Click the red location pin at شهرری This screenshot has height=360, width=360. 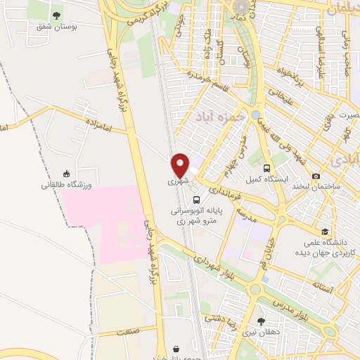(x=181, y=165)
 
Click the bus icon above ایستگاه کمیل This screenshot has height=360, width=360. (x=266, y=168)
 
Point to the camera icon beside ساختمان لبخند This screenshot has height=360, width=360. (x=316, y=176)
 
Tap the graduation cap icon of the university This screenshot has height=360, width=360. (x=324, y=231)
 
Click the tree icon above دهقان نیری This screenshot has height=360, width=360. (x=261, y=321)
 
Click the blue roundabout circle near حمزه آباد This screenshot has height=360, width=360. (x=255, y=114)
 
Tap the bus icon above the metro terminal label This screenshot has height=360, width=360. (x=197, y=199)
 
